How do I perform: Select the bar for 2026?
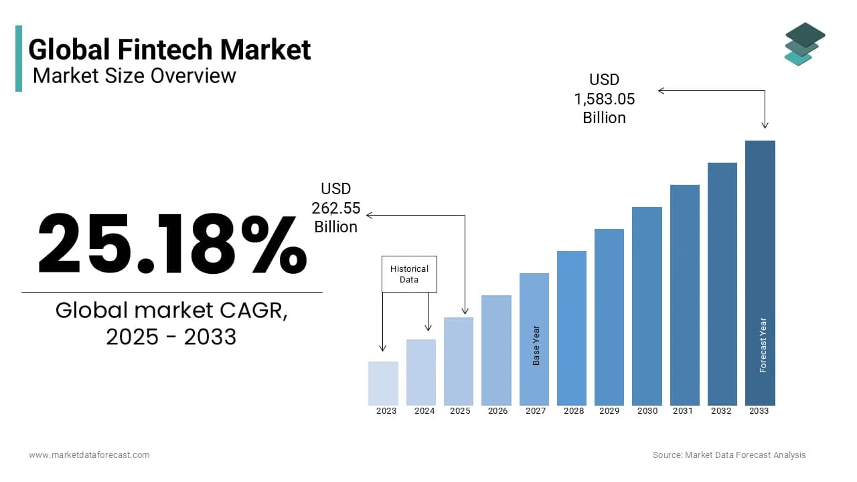pyautogui.click(x=496, y=350)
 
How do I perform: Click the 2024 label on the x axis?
pyautogui.click(x=424, y=411)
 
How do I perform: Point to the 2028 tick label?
pyautogui.click(x=574, y=411)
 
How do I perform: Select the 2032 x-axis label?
pyautogui.click(x=721, y=411)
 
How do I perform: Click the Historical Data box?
pyautogui.click(x=409, y=274)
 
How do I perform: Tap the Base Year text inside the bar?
pyautogui.click(x=536, y=345)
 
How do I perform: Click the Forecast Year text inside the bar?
pyautogui.click(x=763, y=345)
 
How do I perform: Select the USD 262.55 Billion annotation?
pyautogui.click(x=336, y=208)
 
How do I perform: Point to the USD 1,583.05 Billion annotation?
pyautogui.click(x=604, y=99)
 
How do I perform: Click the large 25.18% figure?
pyautogui.click(x=171, y=244)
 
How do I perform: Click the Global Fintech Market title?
pyautogui.click(x=169, y=50)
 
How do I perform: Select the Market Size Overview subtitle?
pyautogui.click(x=134, y=76)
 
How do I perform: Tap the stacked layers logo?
pyautogui.click(x=804, y=44)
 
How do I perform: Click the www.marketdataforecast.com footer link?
pyautogui.click(x=89, y=455)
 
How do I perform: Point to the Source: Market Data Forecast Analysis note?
pyautogui.click(x=729, y=455)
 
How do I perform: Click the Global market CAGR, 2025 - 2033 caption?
pyautogui.click(x=171, y=323)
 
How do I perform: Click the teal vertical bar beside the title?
pyautogui.click(x=19, y=58)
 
